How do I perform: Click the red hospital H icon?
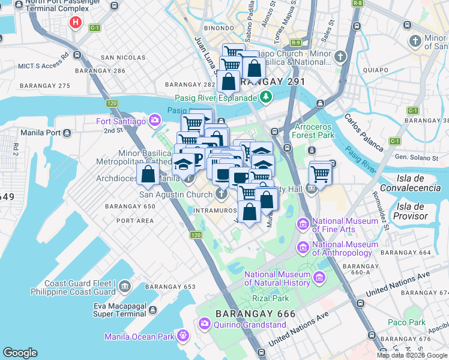[x=75, y=23]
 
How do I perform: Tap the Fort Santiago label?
[x=121, y=122]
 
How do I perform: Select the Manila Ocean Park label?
[x=139, y=337]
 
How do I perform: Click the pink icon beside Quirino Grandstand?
[x=204, y=324]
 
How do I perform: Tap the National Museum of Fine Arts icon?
[x=302, y=225]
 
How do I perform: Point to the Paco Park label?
[x=406, y=322]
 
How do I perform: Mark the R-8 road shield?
[x=358, y=4]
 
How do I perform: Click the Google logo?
[x=20, y=352]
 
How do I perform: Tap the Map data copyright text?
[x=412, y=355]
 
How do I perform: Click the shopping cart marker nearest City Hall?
[x=321, y=175]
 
